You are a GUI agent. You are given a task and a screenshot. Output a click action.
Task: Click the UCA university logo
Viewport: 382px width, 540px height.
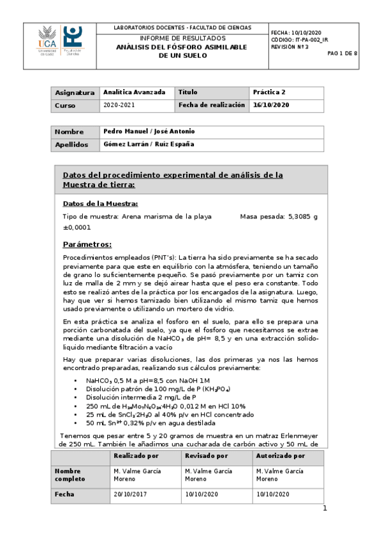click(x=47, y=41)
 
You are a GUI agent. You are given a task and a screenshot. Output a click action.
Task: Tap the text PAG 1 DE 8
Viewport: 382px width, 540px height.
click(x=342, y=53)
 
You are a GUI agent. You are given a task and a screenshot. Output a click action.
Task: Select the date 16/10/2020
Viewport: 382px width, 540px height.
click(x=271, y=105)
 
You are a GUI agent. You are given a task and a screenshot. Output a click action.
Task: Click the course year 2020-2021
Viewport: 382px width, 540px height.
click(x=119, y=105)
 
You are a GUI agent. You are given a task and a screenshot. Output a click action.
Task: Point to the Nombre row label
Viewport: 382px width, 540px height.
click(x=69, y=132)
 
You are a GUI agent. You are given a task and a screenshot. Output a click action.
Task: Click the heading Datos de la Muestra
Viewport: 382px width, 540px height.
click(x=100, y=204)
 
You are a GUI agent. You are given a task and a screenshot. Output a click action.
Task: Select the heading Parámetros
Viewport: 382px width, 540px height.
click(x=87, y=245)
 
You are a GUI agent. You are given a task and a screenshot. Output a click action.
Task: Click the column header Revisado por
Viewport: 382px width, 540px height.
click(x=206, y=456)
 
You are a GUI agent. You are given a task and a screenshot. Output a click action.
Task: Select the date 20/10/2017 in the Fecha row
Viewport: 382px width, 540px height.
click(x=129, y=494)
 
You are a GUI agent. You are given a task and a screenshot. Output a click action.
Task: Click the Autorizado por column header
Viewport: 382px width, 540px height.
click(x=280, y=456)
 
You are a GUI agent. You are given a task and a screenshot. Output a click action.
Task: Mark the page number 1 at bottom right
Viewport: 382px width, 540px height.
click(x=325, y=508)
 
